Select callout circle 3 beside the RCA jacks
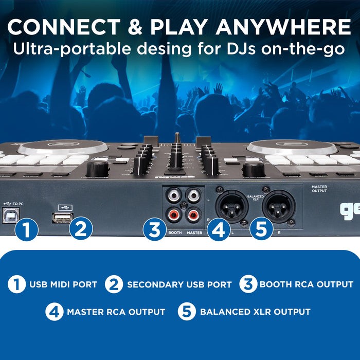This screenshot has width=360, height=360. coord(155,229)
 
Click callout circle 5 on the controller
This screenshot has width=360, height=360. coord(261,229)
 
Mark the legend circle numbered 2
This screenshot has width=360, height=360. coord(114,284)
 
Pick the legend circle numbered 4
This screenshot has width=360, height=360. coord(54,312)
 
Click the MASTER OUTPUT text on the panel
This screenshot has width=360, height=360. coord(319,189)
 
